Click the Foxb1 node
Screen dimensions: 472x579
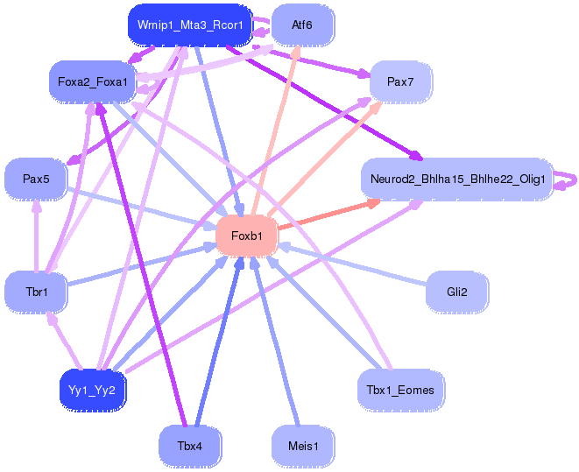click(x=246, y=235)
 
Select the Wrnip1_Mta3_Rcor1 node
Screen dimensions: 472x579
click(x=190, y=25)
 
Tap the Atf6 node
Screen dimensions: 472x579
click(x=302, y=25)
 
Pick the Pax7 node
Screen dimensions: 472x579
click(x=399, y=81)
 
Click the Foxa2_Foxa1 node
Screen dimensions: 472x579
click(x=93, y=82)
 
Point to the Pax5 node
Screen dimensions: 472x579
click(x=36, y=179)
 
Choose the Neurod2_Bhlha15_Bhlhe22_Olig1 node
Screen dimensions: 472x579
click(x=457, y=180)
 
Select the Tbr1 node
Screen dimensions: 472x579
click(x=36, y=291)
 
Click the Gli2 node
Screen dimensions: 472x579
click(x=456, y=291)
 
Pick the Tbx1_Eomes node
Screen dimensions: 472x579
click(x=400, y=388)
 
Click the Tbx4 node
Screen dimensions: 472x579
click(x=189, y=446)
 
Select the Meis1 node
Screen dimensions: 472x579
click(x=303, y=446)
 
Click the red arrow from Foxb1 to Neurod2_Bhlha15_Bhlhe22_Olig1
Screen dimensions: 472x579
click(x=324, y=215)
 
